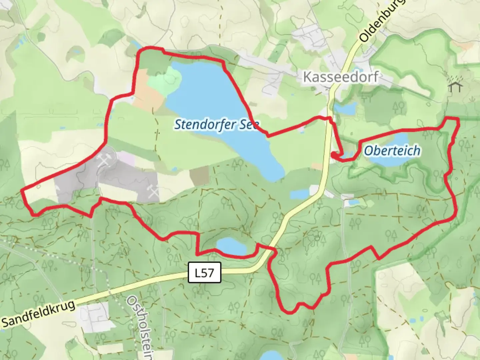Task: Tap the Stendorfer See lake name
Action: click(217, 125)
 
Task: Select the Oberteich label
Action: click(392, 151)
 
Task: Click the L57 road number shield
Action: click(204, 273)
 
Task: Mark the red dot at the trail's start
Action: click(334, 154)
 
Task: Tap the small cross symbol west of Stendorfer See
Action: click(157, 133)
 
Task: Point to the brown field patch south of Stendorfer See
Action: click(199, 175)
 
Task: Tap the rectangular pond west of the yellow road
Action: click(299, 194)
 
